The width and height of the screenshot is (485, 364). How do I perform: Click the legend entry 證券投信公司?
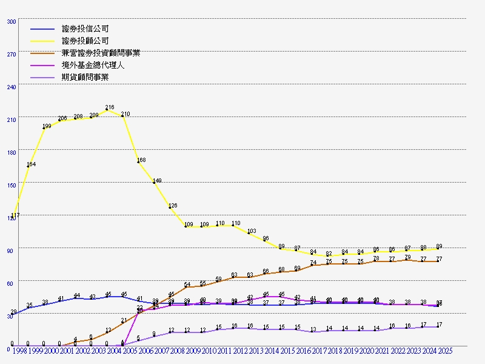click(x=85, y=29)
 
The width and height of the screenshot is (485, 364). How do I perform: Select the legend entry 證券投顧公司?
click(x=85, y=41)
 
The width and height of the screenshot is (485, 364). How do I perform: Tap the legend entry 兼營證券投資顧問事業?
click(x=101, y=53)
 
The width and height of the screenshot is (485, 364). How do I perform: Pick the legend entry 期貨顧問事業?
click(x=85, y=77)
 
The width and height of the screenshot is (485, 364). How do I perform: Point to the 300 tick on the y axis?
click(x=12, y=21)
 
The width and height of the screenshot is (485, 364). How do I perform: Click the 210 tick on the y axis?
click(x=12, y=120)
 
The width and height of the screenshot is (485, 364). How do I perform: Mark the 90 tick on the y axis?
click(x=12, y=251)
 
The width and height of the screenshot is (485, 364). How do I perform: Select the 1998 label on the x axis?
click(x=19, y=351)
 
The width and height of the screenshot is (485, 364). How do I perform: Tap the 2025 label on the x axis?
click(x=445, y=351)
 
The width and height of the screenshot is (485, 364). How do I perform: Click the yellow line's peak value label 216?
click(x=110, y=107)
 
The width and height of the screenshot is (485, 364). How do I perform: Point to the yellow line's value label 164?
click(x=31, y=164)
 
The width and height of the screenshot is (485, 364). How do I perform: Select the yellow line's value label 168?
click(x=141, y=160)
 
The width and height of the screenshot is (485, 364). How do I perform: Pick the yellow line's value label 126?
click(x=173, y=206)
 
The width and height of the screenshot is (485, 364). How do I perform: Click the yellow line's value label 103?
click(x=252, y=231)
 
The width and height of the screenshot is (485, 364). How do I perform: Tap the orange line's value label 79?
click(x=407, y=257)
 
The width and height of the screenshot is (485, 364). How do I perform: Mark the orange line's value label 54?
click(x=187, y=285)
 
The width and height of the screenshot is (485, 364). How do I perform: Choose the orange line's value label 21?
click(x=124, y=320)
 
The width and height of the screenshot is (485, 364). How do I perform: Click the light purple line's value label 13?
click(x=313, y=329)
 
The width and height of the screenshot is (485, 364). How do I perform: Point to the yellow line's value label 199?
click(x=47, y=126)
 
